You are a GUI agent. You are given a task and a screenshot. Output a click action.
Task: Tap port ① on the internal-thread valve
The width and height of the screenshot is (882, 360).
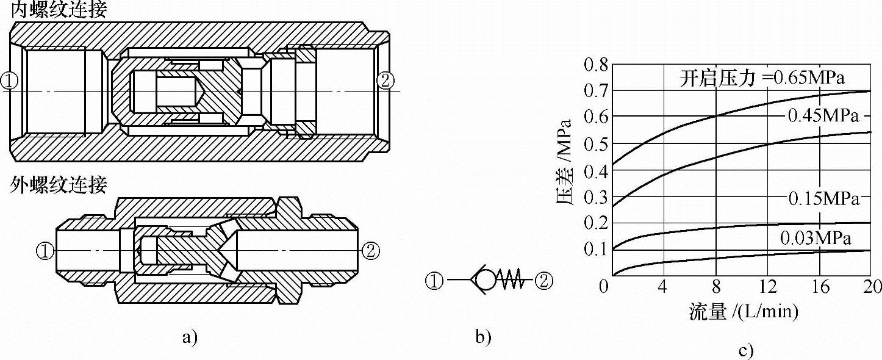[10, 81]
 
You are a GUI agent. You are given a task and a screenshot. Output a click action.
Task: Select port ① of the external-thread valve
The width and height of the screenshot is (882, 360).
[45, 250]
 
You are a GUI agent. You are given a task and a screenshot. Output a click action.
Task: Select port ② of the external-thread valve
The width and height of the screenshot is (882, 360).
[371, 250]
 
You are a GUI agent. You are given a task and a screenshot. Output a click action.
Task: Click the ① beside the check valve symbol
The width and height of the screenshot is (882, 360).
[434, 281]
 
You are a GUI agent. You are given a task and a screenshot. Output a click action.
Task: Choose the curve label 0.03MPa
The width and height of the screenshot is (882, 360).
[815, 238]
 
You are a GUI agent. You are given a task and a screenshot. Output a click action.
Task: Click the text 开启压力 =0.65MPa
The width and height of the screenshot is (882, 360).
[765, 78]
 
